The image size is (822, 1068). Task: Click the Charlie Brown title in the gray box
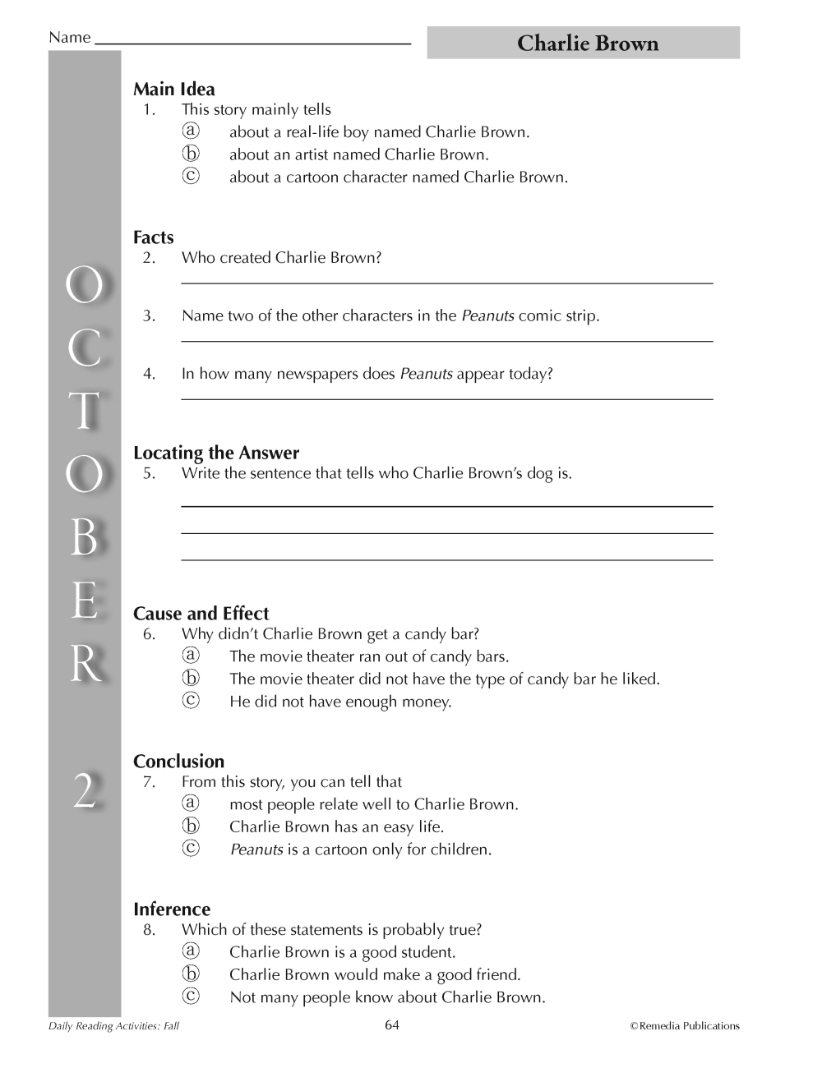587,44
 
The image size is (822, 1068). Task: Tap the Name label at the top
69,38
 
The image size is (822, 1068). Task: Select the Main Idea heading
174,90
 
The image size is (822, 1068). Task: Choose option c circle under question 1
191,176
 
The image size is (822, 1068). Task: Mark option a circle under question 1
191,131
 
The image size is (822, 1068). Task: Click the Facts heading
154,237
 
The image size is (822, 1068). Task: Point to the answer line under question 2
446,283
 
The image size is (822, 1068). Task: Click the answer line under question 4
446,399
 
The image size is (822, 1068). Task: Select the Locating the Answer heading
216,453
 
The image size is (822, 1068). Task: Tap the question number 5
149,473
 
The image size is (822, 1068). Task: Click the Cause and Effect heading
201,614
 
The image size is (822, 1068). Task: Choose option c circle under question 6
191,701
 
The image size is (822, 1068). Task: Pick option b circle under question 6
191,679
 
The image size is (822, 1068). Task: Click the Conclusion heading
179,762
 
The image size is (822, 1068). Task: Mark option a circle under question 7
191,803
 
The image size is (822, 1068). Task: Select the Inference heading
172,909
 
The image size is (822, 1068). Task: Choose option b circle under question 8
191,974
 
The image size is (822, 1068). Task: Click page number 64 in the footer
392,1024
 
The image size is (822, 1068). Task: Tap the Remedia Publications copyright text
685,1026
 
